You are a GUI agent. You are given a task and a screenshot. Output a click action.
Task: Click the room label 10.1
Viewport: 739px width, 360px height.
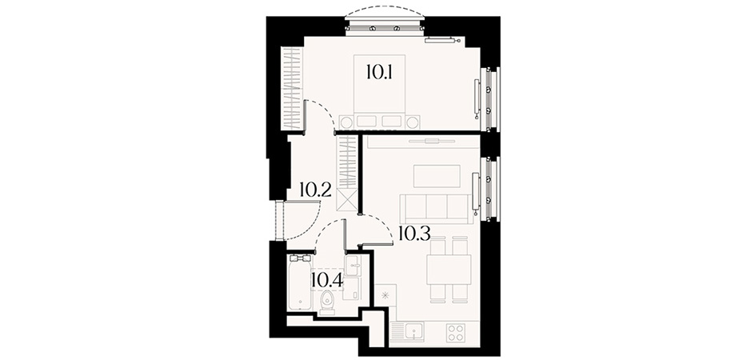click(379, 72)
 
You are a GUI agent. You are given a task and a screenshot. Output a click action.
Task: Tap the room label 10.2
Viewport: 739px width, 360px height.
click(315, 190)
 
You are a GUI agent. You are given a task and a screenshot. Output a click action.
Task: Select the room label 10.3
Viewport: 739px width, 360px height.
click(414, 234)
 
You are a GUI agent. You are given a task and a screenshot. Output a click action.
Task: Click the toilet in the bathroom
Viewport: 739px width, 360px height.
click(327, 302)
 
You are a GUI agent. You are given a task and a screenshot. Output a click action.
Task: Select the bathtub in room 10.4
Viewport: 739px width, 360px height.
click(300, 282)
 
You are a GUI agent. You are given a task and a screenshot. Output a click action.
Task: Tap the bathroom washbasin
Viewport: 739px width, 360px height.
click(353, 266)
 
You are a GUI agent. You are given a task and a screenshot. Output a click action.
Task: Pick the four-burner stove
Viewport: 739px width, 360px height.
click(456, 333)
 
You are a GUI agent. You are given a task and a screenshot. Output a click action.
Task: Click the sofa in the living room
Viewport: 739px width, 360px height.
click(436, 209)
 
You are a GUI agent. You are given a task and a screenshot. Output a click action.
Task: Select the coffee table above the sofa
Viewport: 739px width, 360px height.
click(437, 176)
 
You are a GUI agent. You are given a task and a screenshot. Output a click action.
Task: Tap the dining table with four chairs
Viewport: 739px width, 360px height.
click(449, 269)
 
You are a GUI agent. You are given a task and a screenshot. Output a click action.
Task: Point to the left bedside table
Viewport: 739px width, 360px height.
click(346, 122)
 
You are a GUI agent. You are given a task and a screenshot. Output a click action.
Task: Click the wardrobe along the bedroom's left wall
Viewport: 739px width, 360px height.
click(291, 89)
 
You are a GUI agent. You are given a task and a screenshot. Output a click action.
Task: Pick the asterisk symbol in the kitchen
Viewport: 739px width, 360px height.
click(385, 296)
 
